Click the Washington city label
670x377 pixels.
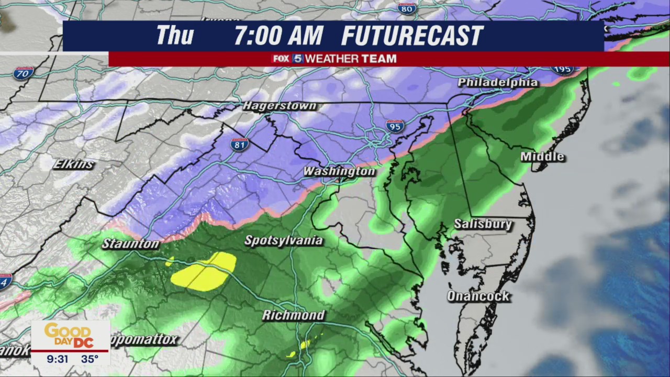pyautogui.click(x=339, y=171)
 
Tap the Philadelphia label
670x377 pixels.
pyautogui.click(x=498, y=83)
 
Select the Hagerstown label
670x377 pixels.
pyautogui.click(x=280, y=106)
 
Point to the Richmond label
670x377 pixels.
pyautogui.click(x=294, y=315)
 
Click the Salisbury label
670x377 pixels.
pyautogui.click(x=483, y=224)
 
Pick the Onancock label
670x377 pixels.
pyautogui.click(x=478, y=296)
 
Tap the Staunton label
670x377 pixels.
pyautogui.click(x=130, y=243)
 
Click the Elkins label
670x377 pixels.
pyautogui.click(x=74, y=164)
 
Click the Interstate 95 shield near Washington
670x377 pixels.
pyautogui.click(x=395, y=126)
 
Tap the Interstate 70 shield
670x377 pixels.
pyautogui.click(x=23, y=73)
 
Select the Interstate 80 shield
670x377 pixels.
pyautogui.click(x=407, y=8)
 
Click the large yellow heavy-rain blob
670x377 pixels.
pyautogui.click(x=204, y=272)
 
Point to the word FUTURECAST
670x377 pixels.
pyautogui.click(x=412, y=36)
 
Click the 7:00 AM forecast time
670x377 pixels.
pyautogui.click(x=278, y=36)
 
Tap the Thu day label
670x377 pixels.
pyautogui.click(x=175, y=36)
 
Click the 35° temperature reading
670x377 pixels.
pyautogui.click(x=90, y=359)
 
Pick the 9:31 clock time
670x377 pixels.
pyautogui.click(x=58, y=359)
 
